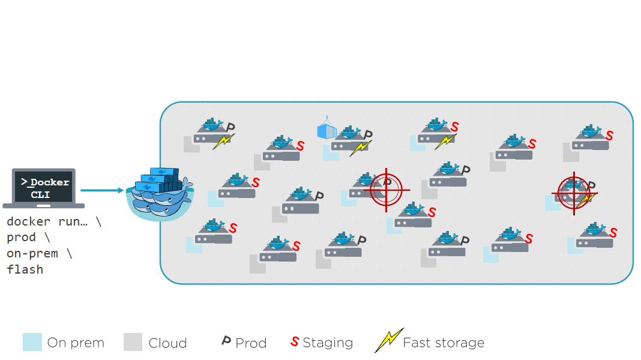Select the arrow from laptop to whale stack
(x=102, y=191)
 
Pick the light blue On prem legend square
(x=32, y=342)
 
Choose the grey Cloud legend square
(x=133, y=342)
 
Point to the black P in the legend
(x=226, y=341)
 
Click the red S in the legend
(x=294, y=342)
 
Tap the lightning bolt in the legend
(x=388, y=341)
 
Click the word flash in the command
(x=25, y=269)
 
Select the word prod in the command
(x=22, y=238)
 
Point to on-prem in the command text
(x=32, y=253)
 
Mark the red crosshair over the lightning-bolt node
(x=574, y=193)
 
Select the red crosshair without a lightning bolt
(x=386, y=190)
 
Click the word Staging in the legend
(x=328, y=343)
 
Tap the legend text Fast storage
(x=444, y=343)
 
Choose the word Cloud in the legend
(x=167, y=343)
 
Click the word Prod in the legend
(x=251, y=343)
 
